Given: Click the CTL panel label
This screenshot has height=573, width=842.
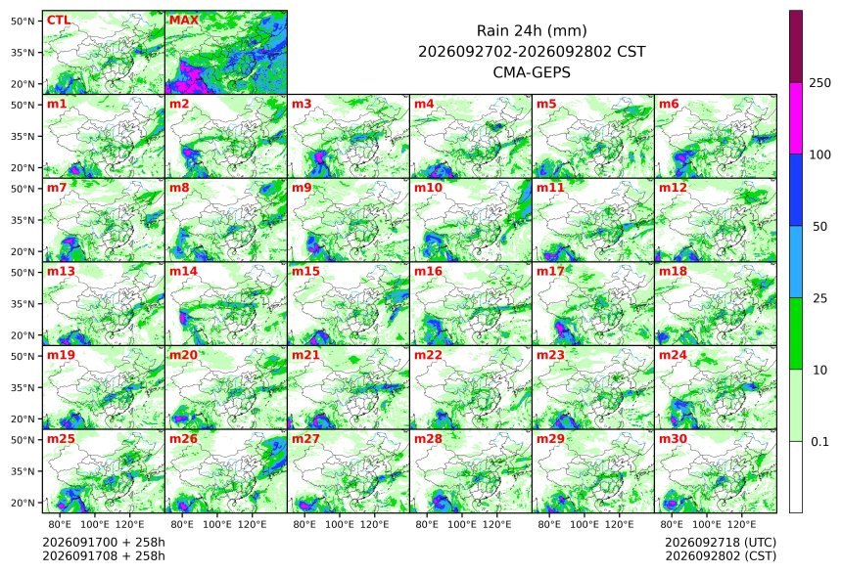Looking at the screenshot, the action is (59, 21).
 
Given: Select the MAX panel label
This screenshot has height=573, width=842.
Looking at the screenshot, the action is (184, 21).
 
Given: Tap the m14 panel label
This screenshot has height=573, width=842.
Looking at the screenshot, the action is (184, 272).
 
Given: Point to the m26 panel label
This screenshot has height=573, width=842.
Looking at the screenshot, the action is (184, 439).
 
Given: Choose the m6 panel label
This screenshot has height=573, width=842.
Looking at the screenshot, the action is (669, 104).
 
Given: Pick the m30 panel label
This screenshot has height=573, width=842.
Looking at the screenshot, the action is (674, 439).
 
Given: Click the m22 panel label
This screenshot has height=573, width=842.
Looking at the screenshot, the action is (429, 355).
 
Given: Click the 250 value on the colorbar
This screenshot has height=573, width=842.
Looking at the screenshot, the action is (820, 82).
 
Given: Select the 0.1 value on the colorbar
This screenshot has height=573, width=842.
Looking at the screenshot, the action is (820, 442).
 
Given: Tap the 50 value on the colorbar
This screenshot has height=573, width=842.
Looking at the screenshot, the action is (820, 227).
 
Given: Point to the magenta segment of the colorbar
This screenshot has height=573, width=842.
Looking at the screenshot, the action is (796, 118).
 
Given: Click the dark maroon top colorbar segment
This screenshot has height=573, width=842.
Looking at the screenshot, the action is (796, 46).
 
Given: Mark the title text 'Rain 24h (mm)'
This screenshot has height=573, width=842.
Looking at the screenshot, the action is (532, 30).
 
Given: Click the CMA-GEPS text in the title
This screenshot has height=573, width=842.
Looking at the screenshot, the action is (532, 72).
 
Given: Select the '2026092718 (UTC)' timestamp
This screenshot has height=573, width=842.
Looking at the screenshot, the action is (721, 542).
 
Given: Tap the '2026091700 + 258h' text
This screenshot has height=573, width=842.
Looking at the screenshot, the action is (104, 542).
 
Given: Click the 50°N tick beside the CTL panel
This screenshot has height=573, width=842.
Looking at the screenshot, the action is (23, 21).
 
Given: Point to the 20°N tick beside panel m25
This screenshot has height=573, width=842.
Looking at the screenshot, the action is (23, 503).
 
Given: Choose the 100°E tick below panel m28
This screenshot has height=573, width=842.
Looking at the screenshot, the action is (462, 524).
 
